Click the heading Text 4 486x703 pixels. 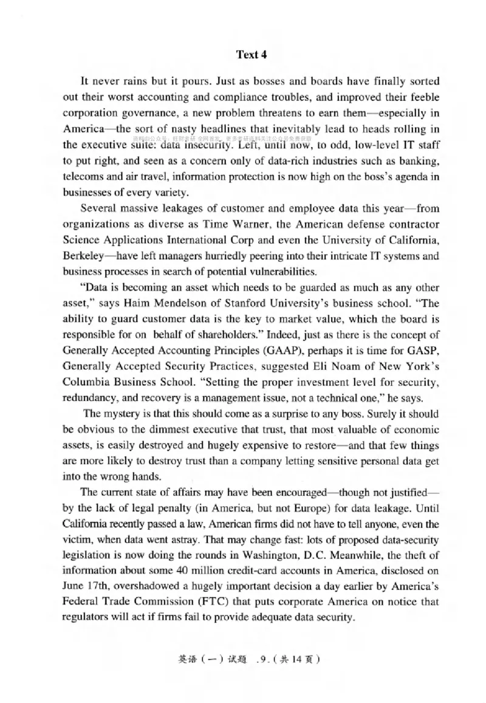click(x=251, y=55)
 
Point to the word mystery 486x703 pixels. click(x=121, y=415)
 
